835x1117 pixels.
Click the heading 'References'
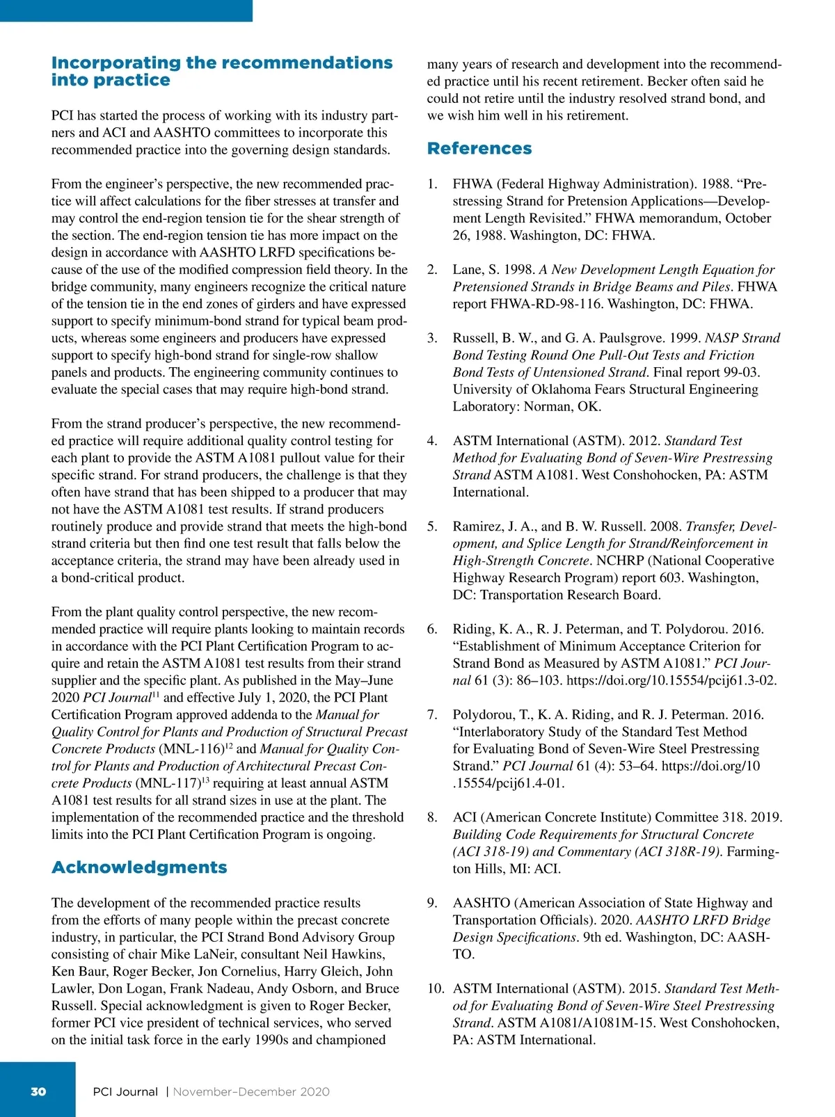point(479,148)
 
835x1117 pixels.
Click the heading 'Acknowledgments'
point(139,867)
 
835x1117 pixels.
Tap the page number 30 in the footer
point(38,1091)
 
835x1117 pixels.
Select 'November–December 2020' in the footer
point(251,1091)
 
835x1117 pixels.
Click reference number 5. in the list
point(432,527)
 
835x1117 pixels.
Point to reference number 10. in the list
point(435,988)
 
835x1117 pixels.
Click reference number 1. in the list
point(432,184)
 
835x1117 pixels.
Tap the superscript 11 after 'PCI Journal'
point(156,694)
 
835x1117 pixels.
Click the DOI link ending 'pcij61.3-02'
point(671,680)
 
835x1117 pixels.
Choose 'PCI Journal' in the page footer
point(125,1091)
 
